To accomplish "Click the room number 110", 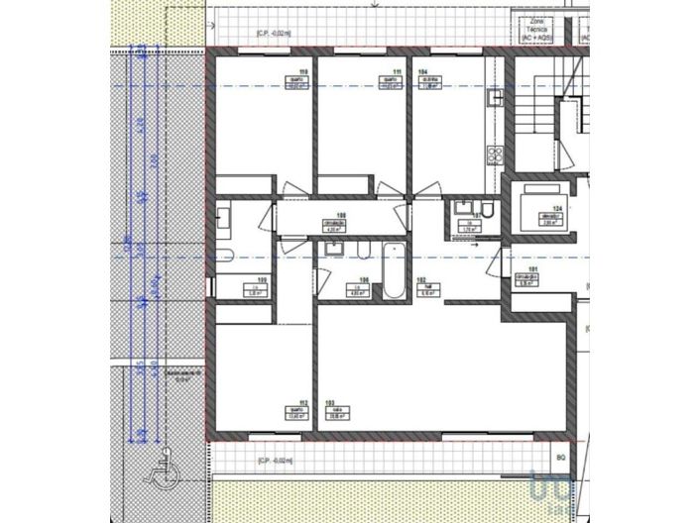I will click(302, 73).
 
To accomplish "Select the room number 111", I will click(397, 73).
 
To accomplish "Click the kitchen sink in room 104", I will click(495, 98).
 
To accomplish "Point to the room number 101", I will click(532, 270).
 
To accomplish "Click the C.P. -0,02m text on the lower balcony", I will click(275, 462).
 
